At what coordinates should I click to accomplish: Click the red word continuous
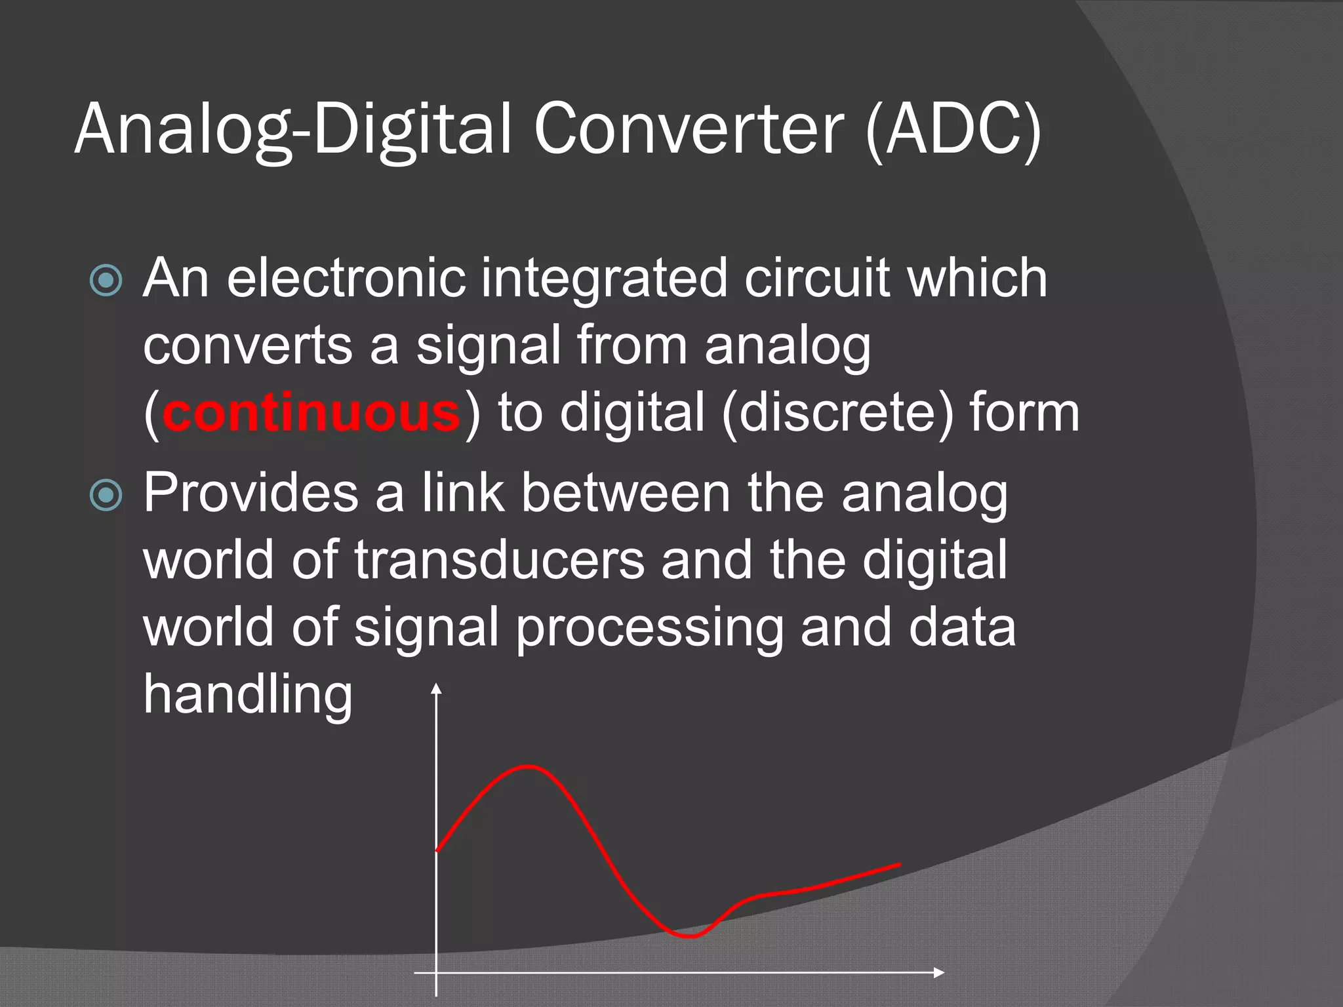[311, 413]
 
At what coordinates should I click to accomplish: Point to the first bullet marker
[106, 281]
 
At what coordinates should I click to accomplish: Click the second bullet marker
[106, 495]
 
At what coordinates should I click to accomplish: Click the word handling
[248, 695]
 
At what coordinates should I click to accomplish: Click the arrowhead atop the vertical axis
[436, 688]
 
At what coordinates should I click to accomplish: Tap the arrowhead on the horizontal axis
[939, 972]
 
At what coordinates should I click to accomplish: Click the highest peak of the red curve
[529, 766]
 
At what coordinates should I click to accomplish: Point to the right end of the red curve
[900, 865]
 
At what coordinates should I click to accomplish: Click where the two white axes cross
[436, 972]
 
